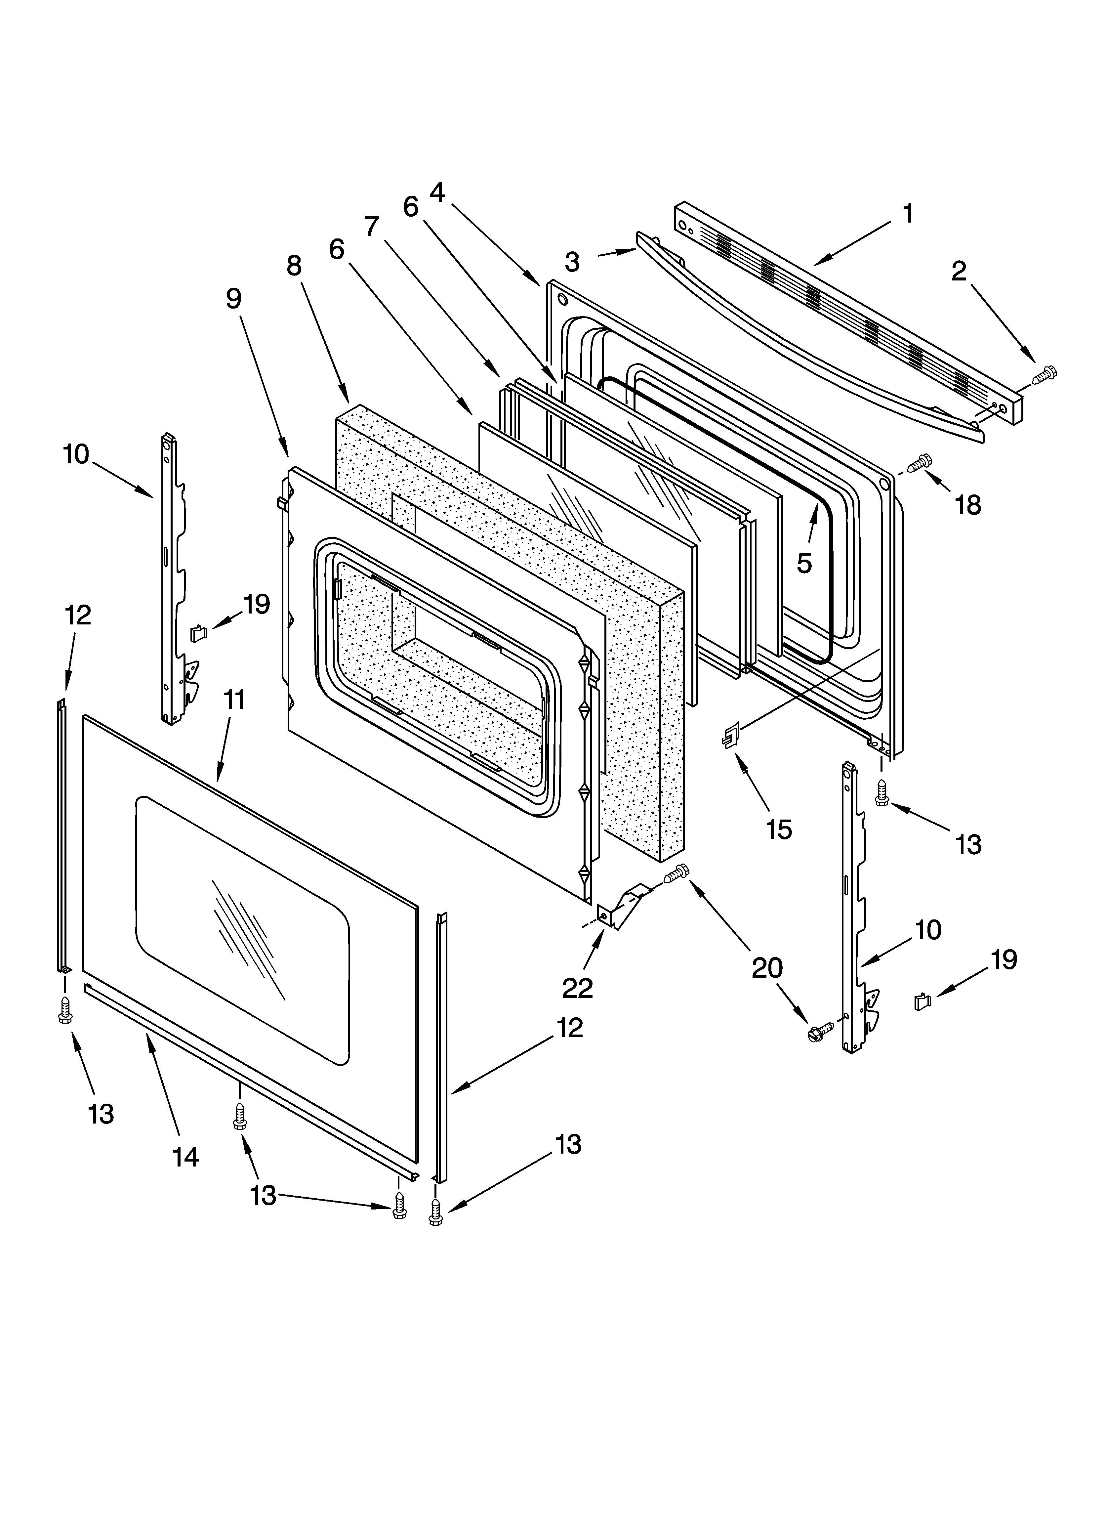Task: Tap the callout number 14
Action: tap(185, 1158)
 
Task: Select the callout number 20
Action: tap(767, 968)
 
